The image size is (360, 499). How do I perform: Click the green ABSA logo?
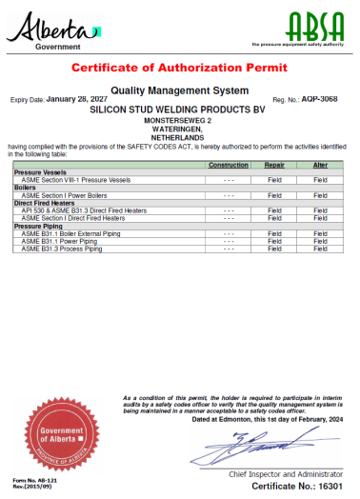[303, 24]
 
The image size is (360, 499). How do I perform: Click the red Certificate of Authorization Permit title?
[179, 68]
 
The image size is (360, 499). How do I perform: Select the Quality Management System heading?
[179, 90]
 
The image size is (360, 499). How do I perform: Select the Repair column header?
[274, 165]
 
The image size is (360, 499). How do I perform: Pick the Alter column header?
[320, 165]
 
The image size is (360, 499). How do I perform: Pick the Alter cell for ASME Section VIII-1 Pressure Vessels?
[320, 179]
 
